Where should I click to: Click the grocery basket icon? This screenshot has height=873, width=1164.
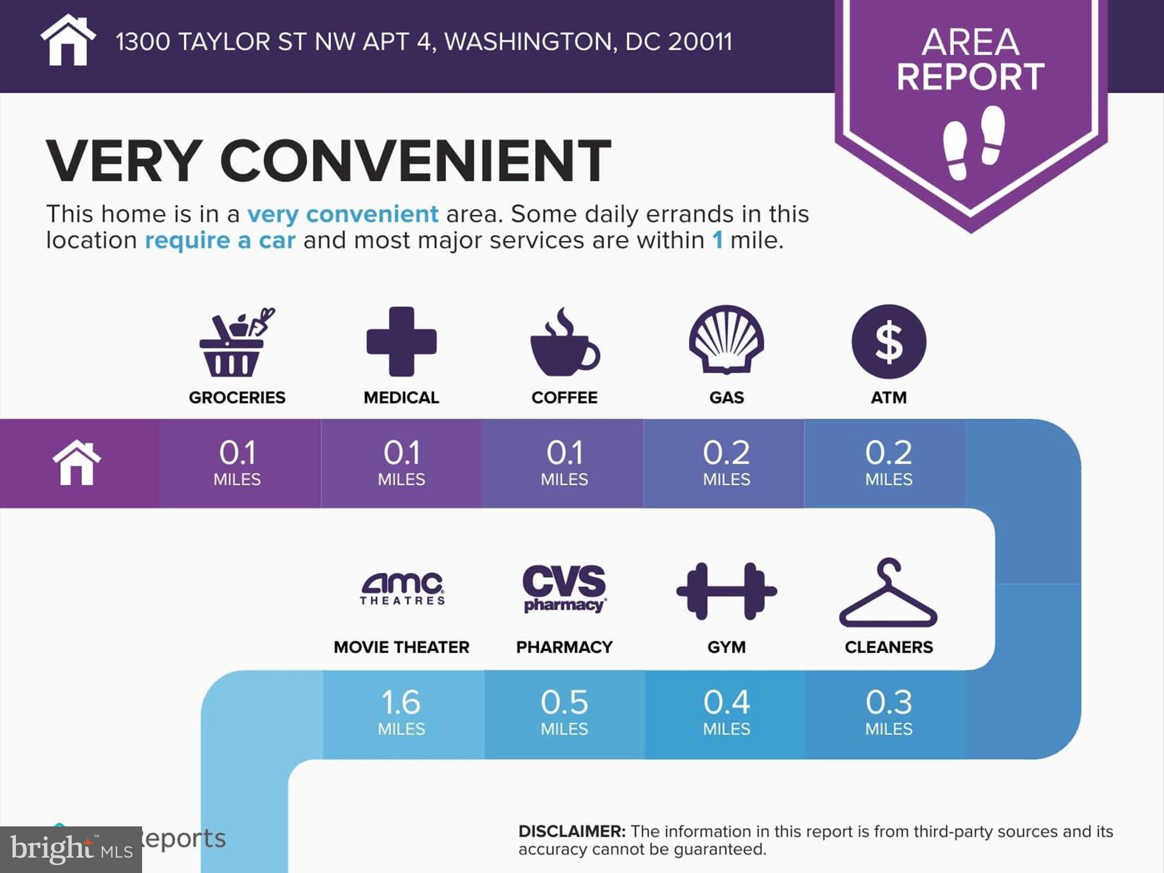(x=236, y=342)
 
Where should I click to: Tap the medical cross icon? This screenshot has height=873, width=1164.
(x=401, y=342)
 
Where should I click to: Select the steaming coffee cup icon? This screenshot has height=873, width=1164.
(x=564, y=342)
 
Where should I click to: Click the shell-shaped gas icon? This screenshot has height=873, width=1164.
(x=726, y=339)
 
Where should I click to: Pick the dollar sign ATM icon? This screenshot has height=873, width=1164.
(x=888, y=342)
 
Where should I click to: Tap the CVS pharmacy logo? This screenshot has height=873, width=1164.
(x=564, y=588)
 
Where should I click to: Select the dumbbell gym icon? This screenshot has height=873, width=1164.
(x=726, y=591)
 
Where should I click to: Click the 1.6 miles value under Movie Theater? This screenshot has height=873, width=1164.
(x=401, y=702)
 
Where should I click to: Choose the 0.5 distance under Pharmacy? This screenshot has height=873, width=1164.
(x=564, y=702)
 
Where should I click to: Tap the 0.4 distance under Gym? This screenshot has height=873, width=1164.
(x=726, y=702)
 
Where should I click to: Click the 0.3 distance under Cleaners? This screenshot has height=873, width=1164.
(x=888, y=702)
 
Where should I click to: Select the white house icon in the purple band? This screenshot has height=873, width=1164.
(x=77, y=463)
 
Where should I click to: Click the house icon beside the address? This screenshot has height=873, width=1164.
(x=68, y=41)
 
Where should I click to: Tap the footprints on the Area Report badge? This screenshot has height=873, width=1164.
(x=973, y=142)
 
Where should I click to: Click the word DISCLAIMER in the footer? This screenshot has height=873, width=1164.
(x=571, y=832)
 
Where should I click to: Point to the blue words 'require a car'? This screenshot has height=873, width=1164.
(x=220, y=240)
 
